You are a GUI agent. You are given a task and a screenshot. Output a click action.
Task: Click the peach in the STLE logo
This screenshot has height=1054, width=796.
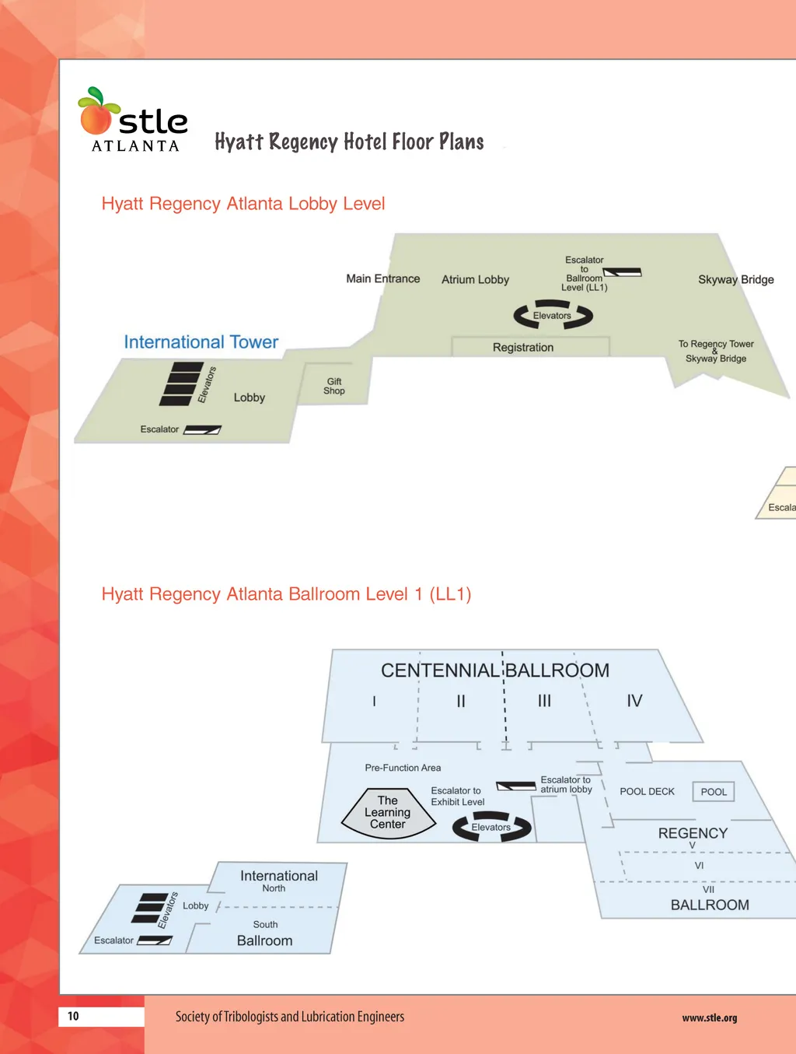pyautogui.click(x=96, y=118)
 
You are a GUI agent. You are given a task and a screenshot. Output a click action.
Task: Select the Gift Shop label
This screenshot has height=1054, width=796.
pyautogui.click(x=334, y=386)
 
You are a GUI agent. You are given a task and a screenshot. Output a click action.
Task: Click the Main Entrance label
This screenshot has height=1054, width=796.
pyautogui.click(x=382, y=278)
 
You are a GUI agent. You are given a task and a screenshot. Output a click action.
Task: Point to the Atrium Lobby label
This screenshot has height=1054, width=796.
pyautogui.click(x=475, y=279)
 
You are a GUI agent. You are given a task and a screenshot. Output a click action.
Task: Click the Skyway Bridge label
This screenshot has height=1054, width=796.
pyautogui.click(x=735, y=279)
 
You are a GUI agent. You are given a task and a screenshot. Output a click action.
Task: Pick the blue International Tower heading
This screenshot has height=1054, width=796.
pyautogui.click(x=201, y=342)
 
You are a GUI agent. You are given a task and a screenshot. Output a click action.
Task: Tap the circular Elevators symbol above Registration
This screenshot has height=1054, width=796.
pyautogui.click(x=553, y=315)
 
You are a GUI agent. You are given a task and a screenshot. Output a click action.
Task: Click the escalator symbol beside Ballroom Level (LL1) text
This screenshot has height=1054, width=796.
pyautogui.click(x=623, y=272)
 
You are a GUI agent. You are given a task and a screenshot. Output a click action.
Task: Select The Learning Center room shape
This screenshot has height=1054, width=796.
pyautogui.click(x=388, y=813)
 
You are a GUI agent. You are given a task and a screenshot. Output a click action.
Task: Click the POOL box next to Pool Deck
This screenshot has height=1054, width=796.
pyautogui.click(x=713, y=792)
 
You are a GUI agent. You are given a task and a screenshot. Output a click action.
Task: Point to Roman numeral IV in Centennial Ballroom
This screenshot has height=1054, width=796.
pyautogui.click(x=634, y=701)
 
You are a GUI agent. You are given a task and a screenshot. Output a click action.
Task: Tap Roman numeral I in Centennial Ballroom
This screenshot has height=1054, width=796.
pyautogui.click(x=374, y=701)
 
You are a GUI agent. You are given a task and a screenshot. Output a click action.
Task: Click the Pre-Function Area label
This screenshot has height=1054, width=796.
pyautogui.click(x=403, y=768)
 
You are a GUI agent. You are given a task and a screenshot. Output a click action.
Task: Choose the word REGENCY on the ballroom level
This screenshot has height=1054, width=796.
pyautogui.click(x=693, y=833)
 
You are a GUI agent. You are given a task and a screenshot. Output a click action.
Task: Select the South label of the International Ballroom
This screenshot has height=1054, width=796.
pyautogui.click(x=265, y=924)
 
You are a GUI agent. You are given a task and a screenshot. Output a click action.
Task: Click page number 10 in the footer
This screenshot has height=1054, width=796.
pyautogui.click(x=73, y=1016)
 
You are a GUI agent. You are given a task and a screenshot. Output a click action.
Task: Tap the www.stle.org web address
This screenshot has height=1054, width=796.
pyautogui.click(x=709, y=1017)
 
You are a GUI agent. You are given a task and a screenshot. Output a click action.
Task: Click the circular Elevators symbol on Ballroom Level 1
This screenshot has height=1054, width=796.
pyautogui.click(x=491, y=827)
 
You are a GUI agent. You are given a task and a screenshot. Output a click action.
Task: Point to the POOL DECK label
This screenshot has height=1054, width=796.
pyautogui.click(x=647, y=792)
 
